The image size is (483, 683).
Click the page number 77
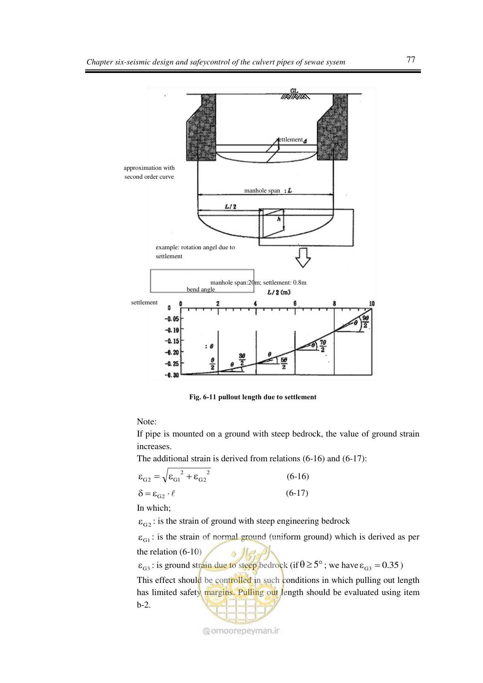coord(411,60)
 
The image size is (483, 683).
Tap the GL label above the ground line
coord(294,90)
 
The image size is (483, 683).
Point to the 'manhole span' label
coord(262,191)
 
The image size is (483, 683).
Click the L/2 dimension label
coord(231,206)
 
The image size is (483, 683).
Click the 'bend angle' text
coord(201,289)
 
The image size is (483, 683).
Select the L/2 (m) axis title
coord(279,292)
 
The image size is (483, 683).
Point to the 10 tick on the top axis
coord(371,303)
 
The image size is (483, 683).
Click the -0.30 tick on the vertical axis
coord(172,375)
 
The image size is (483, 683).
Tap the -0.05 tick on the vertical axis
coord(172,319)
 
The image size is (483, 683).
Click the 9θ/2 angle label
coord(365,322)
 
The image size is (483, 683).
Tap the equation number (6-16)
coord(298,476)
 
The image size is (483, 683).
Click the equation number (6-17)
coord(297,493)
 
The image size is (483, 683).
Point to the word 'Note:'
coord(146,422)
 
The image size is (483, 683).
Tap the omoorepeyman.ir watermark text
coord(241,631)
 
